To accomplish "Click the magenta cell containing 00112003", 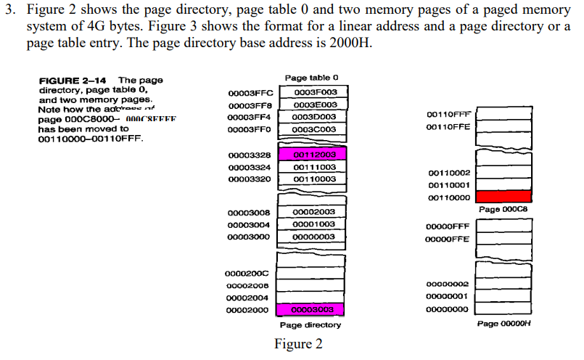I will pos(314,155).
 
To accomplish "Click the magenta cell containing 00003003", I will pos(314,309).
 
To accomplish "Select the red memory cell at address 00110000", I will pos(506,197).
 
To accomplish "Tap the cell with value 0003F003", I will pos(314,93).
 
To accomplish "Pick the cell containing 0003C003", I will pos(314,129).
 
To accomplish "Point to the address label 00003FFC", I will pos(250,93).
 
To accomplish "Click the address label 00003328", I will pos(250,155).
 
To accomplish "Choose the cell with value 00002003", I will pos(314,212).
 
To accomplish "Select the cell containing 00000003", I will pos(314,237).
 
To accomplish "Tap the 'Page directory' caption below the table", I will pos(310,325).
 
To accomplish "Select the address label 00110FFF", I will pos(448,115).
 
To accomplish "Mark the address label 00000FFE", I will pos(447,239).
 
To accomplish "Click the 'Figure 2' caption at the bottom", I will pos(298,344).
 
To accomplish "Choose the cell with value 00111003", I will pos(314,167).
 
